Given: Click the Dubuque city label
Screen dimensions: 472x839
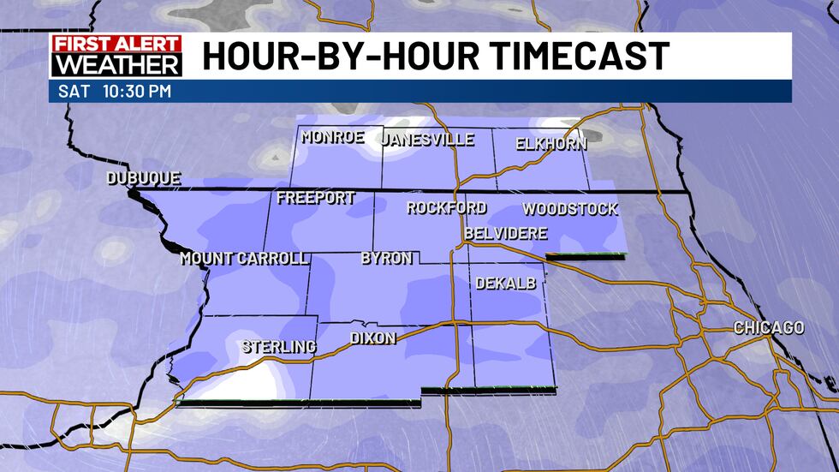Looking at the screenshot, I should (143, 179).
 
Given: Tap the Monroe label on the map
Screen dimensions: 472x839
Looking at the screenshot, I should (333, 137).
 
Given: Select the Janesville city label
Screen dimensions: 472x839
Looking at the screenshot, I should (427, 140).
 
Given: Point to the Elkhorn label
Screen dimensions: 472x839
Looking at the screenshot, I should (551, 144).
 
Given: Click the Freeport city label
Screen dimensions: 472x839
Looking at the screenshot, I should (316, 199).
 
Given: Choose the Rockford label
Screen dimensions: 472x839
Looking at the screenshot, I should (446, 207).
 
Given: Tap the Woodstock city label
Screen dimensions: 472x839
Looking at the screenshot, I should (569, 209).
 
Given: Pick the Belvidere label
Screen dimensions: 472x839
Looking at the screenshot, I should (505, 233).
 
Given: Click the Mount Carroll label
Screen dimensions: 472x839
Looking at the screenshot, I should (244, 259).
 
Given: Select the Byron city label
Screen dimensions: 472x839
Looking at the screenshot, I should (387, 258).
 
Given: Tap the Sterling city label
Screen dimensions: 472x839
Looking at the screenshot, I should (279, 347).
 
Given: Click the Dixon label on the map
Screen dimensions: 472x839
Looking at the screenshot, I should (373, 338).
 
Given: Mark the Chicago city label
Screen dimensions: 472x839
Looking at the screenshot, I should (768, 328).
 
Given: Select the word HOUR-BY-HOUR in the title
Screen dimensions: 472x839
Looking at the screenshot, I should (322, 57).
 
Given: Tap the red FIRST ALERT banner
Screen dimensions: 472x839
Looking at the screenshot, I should (116, 45).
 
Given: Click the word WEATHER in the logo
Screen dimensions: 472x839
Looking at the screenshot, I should (116, 65).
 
